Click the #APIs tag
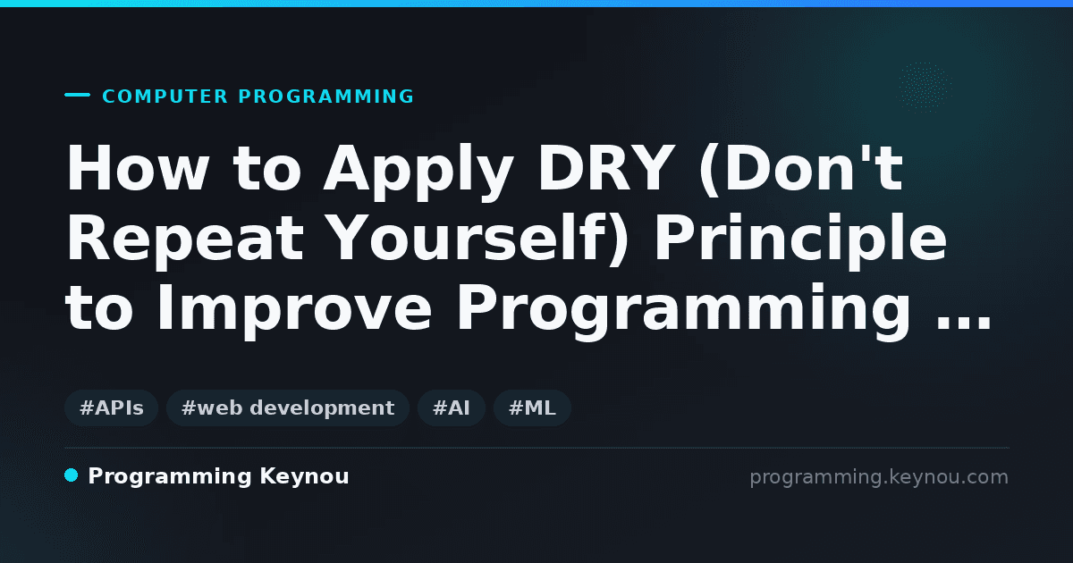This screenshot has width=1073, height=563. tap(111, 408)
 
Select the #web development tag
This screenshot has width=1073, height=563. tap(288, 408)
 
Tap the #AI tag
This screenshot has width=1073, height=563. tap(452, 408)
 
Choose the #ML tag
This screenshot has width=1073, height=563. tap(532, 408)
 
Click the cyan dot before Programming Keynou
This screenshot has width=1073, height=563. tap(72, 475)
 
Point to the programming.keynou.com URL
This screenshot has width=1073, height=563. tap(879, 477)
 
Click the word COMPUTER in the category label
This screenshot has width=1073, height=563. tap(165, 97)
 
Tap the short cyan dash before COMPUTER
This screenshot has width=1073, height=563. tap(77, 95)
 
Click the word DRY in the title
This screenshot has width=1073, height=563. tap(604, 168)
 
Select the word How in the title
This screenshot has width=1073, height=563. tap(138, 168)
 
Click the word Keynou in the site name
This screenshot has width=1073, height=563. tap(304, 476)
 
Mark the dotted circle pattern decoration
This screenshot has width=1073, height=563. tap(925, 88)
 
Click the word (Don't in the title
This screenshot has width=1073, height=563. tap(801, 169)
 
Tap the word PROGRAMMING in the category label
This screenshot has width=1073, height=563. tap(326, 97)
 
